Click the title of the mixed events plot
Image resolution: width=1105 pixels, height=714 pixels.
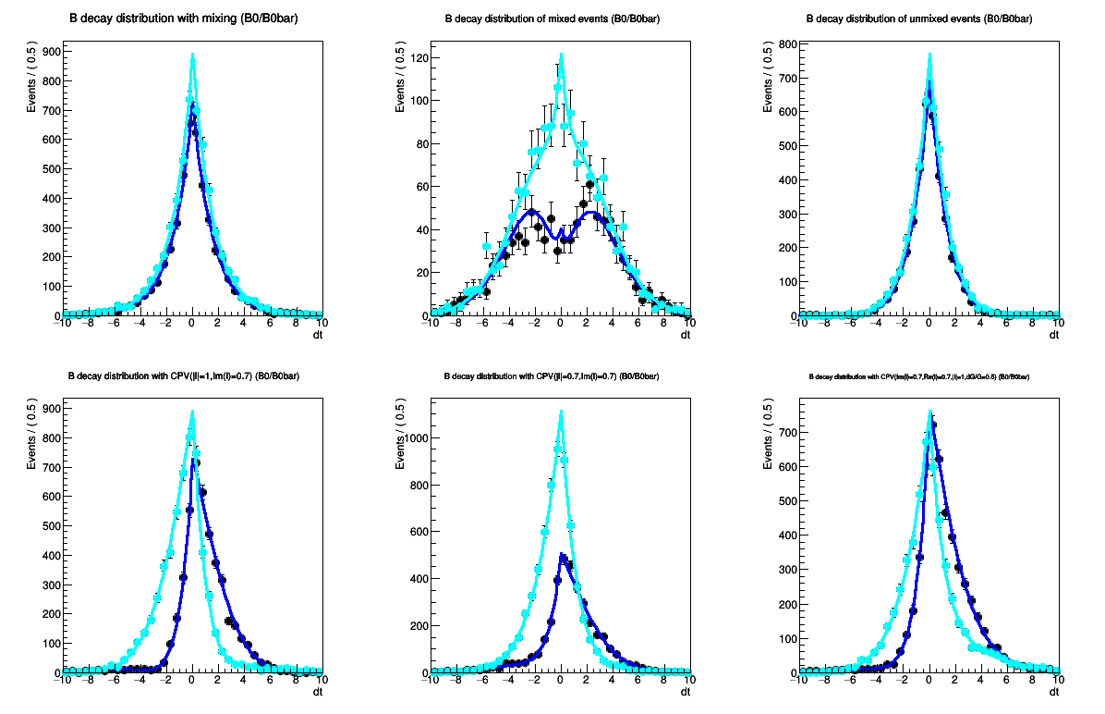point(552,18)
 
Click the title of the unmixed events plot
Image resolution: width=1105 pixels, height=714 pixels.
point(919,18)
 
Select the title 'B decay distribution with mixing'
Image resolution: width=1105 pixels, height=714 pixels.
point(184,18)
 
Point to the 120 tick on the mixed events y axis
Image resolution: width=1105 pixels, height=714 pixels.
point(419,57)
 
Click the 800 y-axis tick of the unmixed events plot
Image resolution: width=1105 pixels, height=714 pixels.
point(787,43)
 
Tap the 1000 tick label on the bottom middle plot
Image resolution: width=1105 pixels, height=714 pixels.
point(416,438)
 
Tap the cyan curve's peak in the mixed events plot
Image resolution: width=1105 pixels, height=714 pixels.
point(560,55)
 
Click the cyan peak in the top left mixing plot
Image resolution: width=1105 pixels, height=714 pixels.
point(192,55)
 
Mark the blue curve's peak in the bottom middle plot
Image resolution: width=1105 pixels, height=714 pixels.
point(562,555)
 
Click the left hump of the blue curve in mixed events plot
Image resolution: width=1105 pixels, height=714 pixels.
point(531,211)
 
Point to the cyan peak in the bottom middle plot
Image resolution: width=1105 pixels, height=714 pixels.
point(560,412)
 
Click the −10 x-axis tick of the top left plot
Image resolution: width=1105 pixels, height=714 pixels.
point(61,324)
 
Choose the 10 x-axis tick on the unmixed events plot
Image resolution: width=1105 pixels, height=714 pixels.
point(1058,324)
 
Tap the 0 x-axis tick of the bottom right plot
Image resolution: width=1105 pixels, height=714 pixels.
point(929,681)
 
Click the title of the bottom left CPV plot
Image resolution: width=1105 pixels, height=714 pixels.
point(183,376)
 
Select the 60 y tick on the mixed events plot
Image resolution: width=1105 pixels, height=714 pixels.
point(422,187)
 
